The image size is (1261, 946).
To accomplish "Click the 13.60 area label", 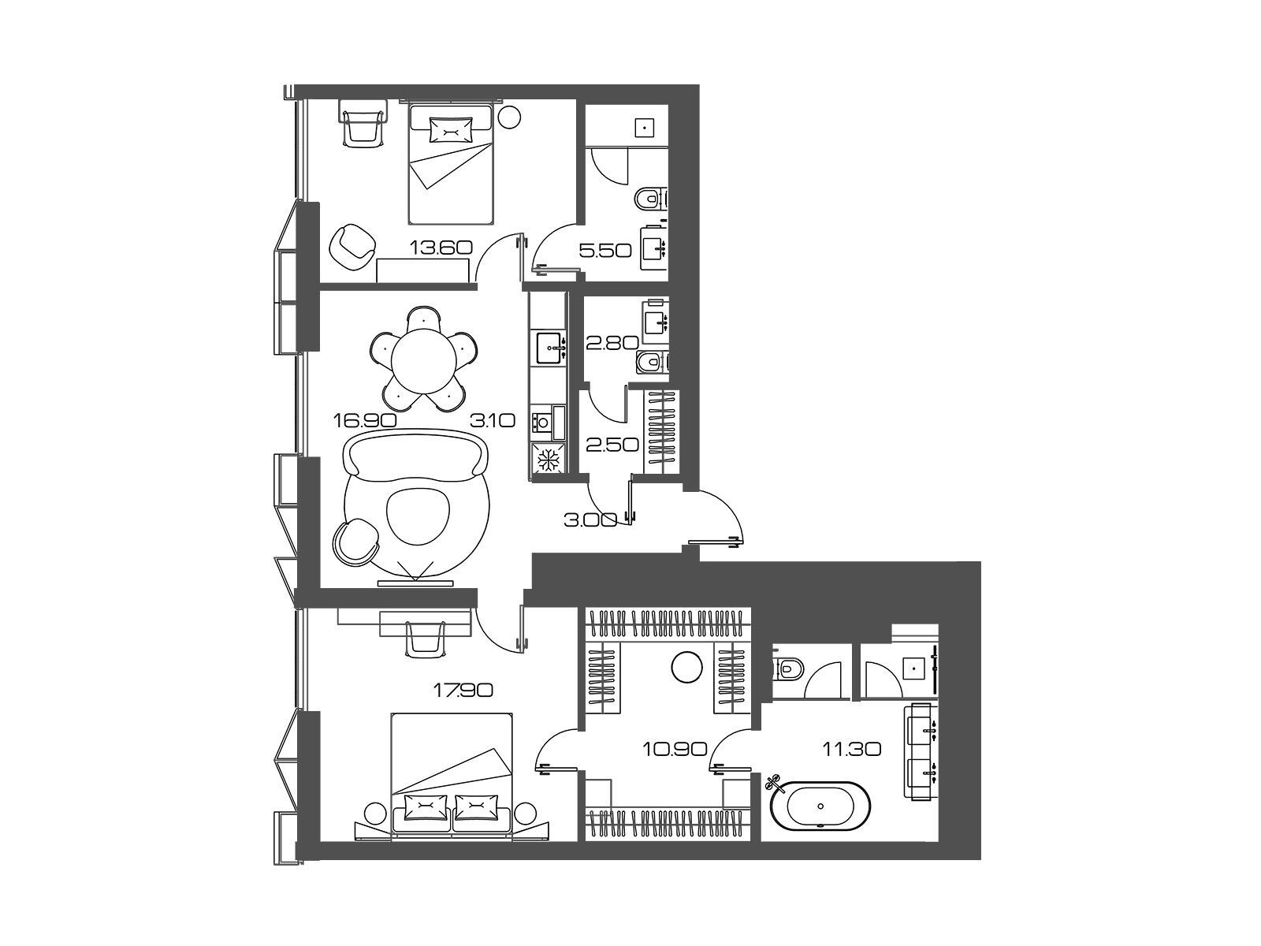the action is click(x=441, y=248).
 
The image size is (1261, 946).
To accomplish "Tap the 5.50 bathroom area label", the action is click(x=605, y=251).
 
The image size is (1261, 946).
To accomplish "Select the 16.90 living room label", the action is click(x=365, y=420).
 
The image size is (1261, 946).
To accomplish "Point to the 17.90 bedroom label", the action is click(x=463, y=690).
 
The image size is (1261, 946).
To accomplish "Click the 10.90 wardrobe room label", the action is click(x=675, y=749).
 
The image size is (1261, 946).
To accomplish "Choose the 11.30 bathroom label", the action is click(x=851, y=749).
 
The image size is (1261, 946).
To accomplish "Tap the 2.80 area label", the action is click(x=612, y=344).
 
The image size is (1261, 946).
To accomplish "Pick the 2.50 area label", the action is click(x=612, y=445).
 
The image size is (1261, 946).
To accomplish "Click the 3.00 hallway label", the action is click(x=590, y=520).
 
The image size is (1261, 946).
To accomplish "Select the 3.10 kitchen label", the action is click(x=493, y=421).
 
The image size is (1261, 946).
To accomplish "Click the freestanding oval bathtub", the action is click(x=820, y=805).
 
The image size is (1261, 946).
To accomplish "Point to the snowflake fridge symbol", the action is click(x=548, y=459).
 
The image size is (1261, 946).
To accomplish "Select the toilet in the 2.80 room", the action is click(x=652, y=362).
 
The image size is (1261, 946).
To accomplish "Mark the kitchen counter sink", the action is click(x=550, y=348).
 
